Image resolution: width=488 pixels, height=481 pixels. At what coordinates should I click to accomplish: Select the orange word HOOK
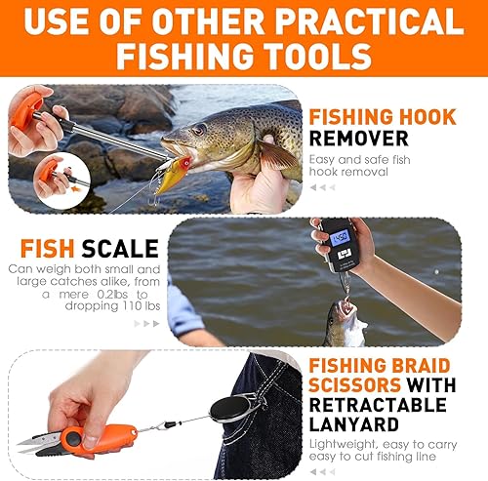click(x=426, y=116)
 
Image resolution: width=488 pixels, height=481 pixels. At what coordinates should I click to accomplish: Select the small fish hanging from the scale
click(x=346, y=321)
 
